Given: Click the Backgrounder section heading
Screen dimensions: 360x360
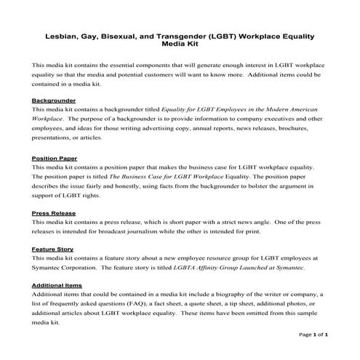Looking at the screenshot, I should pos(55,100).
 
